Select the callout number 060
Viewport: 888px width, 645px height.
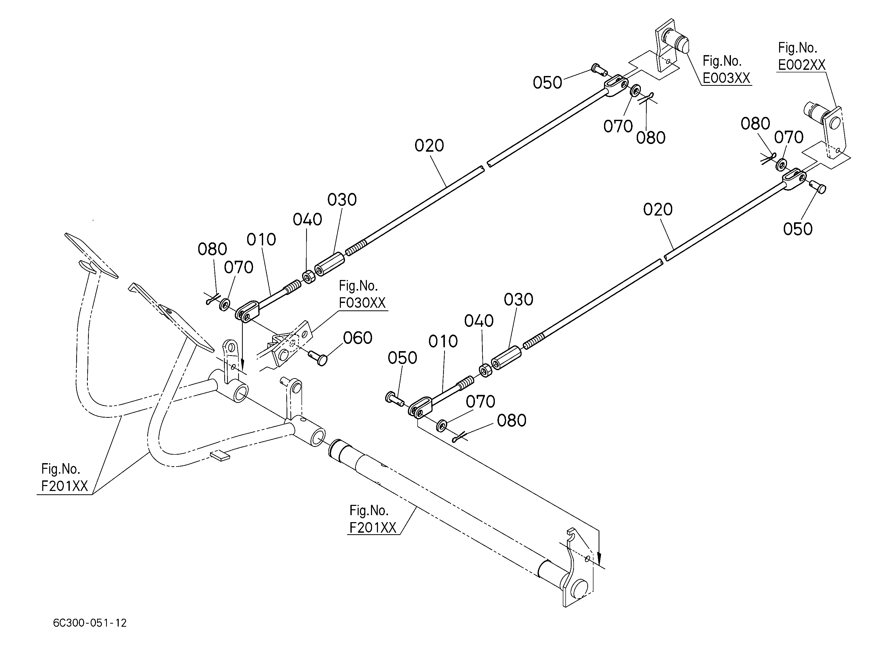[357, 338]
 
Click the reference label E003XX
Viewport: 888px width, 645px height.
[726, 78]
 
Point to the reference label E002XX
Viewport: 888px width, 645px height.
[801, 65]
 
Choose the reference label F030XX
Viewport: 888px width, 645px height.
[362, 303]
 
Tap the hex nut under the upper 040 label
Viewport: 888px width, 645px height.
[309, 277]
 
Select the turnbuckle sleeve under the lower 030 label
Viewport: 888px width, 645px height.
[506, 358]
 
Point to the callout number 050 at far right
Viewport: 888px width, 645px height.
[798, 229]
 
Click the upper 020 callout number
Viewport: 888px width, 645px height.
[429, 146]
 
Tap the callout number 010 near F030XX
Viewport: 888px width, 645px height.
[261, 240]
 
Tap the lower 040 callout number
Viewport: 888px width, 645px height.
[479, 321]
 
